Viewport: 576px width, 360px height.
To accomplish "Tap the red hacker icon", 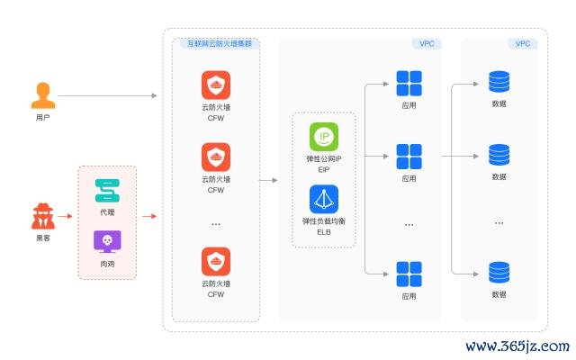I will tap(42, 217).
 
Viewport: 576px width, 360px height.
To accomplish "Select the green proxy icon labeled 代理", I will tap(108, 191).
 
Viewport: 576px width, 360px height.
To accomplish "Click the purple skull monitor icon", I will tap(108, 241).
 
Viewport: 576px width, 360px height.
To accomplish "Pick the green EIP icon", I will tap(324, 137).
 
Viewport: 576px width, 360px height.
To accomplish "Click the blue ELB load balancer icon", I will tap(324, 199).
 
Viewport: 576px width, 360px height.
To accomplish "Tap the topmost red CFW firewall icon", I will tap(215, 85).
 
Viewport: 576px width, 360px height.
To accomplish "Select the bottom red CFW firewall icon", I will tap(215, 263).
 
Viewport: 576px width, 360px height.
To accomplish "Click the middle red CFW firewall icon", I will tap(215, 157).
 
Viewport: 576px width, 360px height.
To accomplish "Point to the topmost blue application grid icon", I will tap(409, 84).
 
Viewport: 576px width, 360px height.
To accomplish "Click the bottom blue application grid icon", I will tap(409, 273).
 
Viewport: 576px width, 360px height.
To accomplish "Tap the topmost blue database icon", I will tap(499, 83).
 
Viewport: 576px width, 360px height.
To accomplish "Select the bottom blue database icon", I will tap(499, 273).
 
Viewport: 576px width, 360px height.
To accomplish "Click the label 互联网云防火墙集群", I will tap(217, 43).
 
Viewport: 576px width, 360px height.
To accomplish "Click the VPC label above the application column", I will tap(427, 43).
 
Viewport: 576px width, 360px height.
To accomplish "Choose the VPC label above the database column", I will tap(522, 43).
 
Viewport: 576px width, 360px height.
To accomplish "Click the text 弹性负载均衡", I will tap(324, 220).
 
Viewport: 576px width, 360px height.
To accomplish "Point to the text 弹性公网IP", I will tap(324, 158).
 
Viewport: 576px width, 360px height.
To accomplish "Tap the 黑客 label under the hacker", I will tap(42, 238).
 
